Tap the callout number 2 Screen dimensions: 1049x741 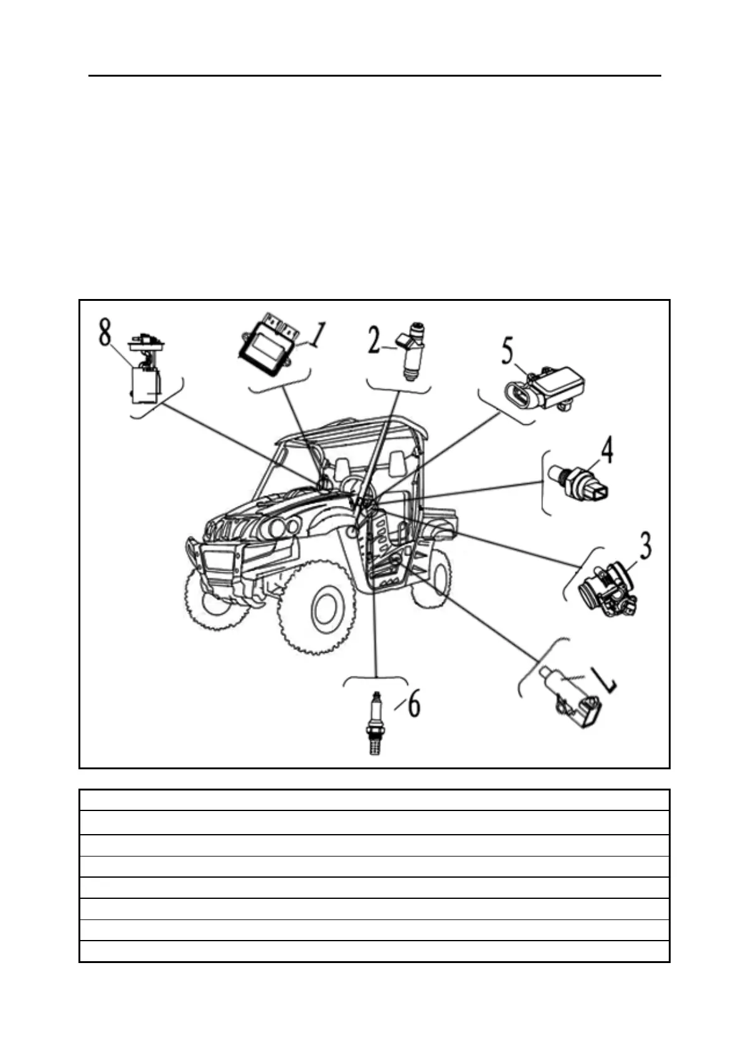point(374,341)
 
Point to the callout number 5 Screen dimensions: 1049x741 point(508,352)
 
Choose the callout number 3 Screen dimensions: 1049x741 point(645,546)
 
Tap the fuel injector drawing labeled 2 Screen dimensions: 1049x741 point(412,349)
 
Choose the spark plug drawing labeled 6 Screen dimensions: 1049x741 point(374,723)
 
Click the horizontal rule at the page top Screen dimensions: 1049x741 point(374,76)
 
